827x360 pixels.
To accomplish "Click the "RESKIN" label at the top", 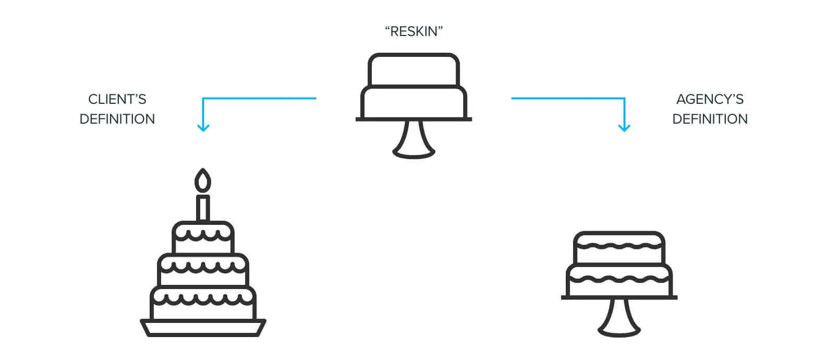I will [x=413, y=32].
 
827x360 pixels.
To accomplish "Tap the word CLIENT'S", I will [x=117, y=99].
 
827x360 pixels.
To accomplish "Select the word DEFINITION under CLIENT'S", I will [x=117, y=119].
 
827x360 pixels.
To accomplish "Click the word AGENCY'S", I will [x=710, y=99].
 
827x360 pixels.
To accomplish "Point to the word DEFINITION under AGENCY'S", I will [x=710, y=119].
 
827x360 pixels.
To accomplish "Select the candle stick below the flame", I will [x=203, y=208].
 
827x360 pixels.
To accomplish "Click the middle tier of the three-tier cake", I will [x=203, y=271].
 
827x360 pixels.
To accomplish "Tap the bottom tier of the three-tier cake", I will [x=203, y=303].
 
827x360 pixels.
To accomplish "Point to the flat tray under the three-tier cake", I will [x=203, y=327].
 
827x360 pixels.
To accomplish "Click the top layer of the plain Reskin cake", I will [x=414, y=70].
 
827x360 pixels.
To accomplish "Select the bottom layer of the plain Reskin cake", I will [x=414, y=103].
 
